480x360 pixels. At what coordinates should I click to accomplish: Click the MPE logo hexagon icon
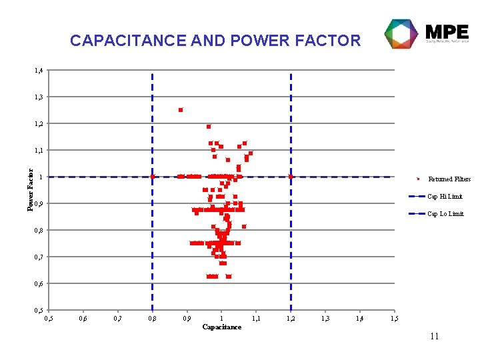(402, 33)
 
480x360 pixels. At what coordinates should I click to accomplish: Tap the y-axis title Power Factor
(30, 190)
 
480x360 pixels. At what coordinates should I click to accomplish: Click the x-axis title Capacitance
(221, 327)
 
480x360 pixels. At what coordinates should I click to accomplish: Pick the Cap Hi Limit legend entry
(445, 197)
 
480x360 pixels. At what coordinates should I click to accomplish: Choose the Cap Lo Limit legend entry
(445, 214)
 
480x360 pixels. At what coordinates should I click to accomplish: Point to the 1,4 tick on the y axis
(39, 70)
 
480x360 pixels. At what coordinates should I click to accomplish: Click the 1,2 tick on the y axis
(39, 123)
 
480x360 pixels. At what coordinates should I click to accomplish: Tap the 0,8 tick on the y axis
(39, 230)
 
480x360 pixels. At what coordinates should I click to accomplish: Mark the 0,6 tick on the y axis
(39, 283)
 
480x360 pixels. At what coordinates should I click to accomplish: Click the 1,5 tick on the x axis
(394, 319)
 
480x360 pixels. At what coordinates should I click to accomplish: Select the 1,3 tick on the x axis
(325, 319)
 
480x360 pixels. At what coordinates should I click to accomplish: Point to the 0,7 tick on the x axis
(117, 319)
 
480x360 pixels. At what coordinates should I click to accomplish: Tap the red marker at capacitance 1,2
(291, 177)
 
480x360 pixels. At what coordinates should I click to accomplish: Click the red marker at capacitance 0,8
(152, 177)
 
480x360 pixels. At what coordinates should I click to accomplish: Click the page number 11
(434, 337)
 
